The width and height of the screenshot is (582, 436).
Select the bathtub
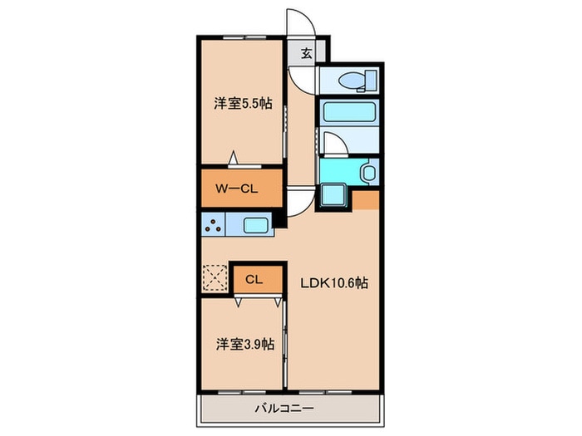(x=348, y=112)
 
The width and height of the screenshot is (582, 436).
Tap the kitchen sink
(x=254, y=224)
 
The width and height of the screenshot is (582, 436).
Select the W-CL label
(x=237, y=189)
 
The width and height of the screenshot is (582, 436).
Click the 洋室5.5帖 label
(x=243, y=104)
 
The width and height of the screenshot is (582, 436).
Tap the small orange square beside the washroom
(x=366, y=199)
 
